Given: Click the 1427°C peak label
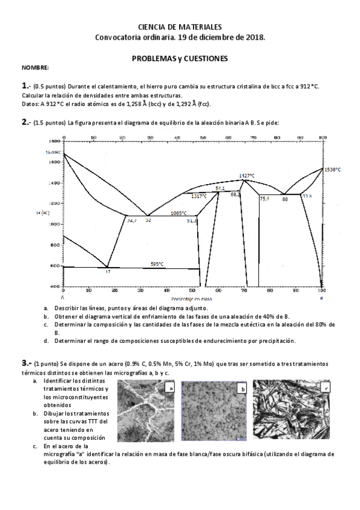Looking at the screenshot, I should [246, 176].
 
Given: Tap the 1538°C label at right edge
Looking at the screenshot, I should [332, 170].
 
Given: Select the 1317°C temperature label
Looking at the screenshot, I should [199, 196].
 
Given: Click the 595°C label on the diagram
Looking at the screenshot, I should [157, 264].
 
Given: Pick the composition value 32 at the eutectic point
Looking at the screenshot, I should [148, 221].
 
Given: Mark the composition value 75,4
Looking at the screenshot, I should [264, 198].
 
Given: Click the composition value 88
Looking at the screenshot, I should [285, 198].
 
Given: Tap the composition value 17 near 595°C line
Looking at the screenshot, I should [108, 272].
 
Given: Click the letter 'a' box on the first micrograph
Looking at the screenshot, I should [171, 388].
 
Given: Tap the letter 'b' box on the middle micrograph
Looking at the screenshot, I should [242, 389].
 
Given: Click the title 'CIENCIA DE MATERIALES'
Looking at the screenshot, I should [180, 27].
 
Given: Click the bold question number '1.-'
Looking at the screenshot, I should [26, 86].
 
